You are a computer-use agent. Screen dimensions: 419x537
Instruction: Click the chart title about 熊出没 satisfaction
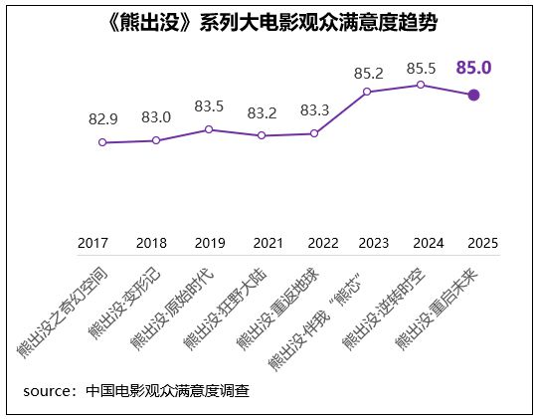point(268,23)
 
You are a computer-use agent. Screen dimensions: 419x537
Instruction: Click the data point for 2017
point(102,142)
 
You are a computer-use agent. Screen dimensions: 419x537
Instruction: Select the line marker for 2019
point(209,129)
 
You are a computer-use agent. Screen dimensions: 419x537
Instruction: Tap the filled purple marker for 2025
point(473,95)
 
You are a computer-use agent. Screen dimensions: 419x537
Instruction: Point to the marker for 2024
point(421,85)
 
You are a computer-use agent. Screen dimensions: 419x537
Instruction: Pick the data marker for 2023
point(368,92)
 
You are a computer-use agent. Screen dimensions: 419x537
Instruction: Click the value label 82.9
point(103,119)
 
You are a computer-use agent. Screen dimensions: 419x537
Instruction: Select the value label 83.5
point(209,106)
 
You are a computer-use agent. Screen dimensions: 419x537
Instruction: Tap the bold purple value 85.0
point(474,68)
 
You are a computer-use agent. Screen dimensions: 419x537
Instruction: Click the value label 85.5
point(422,68)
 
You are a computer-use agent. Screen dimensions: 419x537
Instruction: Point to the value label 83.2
point(262,112)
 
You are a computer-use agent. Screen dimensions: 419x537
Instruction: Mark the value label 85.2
point(368,74)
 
